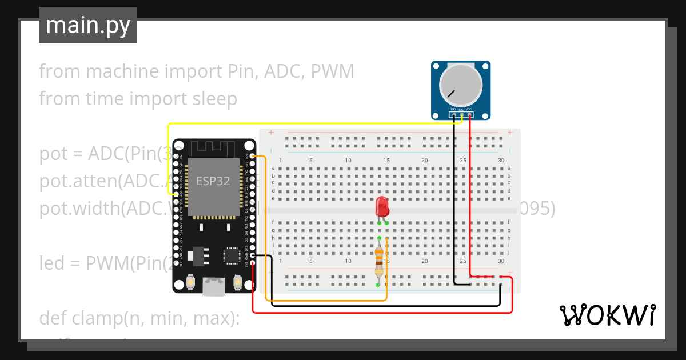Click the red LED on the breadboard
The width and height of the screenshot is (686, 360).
coord(382,207)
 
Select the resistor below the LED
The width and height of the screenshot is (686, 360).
coord(378,262)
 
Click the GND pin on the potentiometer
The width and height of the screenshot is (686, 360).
coord(453,115)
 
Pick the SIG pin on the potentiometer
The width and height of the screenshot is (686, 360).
coord(461,115)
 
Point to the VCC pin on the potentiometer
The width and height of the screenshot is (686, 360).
coord(469,115)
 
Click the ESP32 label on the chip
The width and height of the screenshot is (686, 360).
coord(213,181)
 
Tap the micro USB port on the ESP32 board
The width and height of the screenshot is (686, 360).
coord(214,286)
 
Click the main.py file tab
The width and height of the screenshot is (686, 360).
coord(88,25)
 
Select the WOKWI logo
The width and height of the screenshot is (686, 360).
coord(607,315)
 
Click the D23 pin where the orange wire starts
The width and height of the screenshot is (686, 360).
coord(252,156)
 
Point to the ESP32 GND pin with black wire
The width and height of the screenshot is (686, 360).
coord(252,255)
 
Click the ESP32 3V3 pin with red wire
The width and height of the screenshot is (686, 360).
coord(252,263)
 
